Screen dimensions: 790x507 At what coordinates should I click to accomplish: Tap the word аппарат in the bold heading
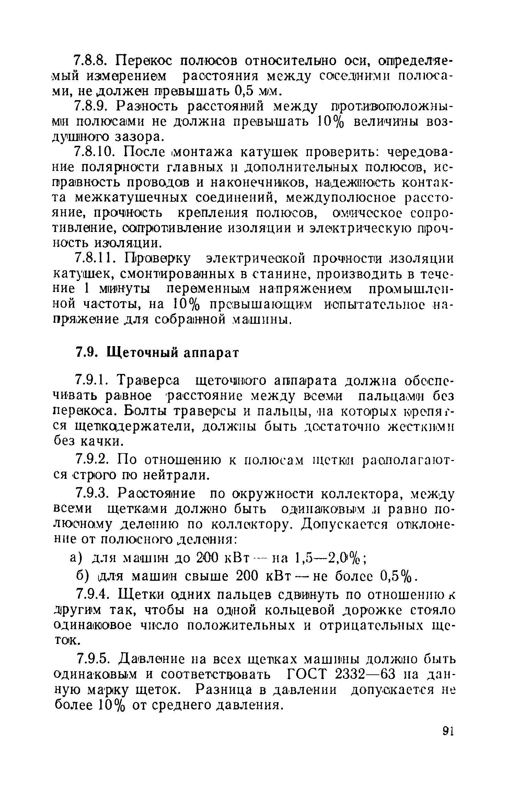pos(211,353)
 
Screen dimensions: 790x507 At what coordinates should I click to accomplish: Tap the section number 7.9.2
pos(92,459)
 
